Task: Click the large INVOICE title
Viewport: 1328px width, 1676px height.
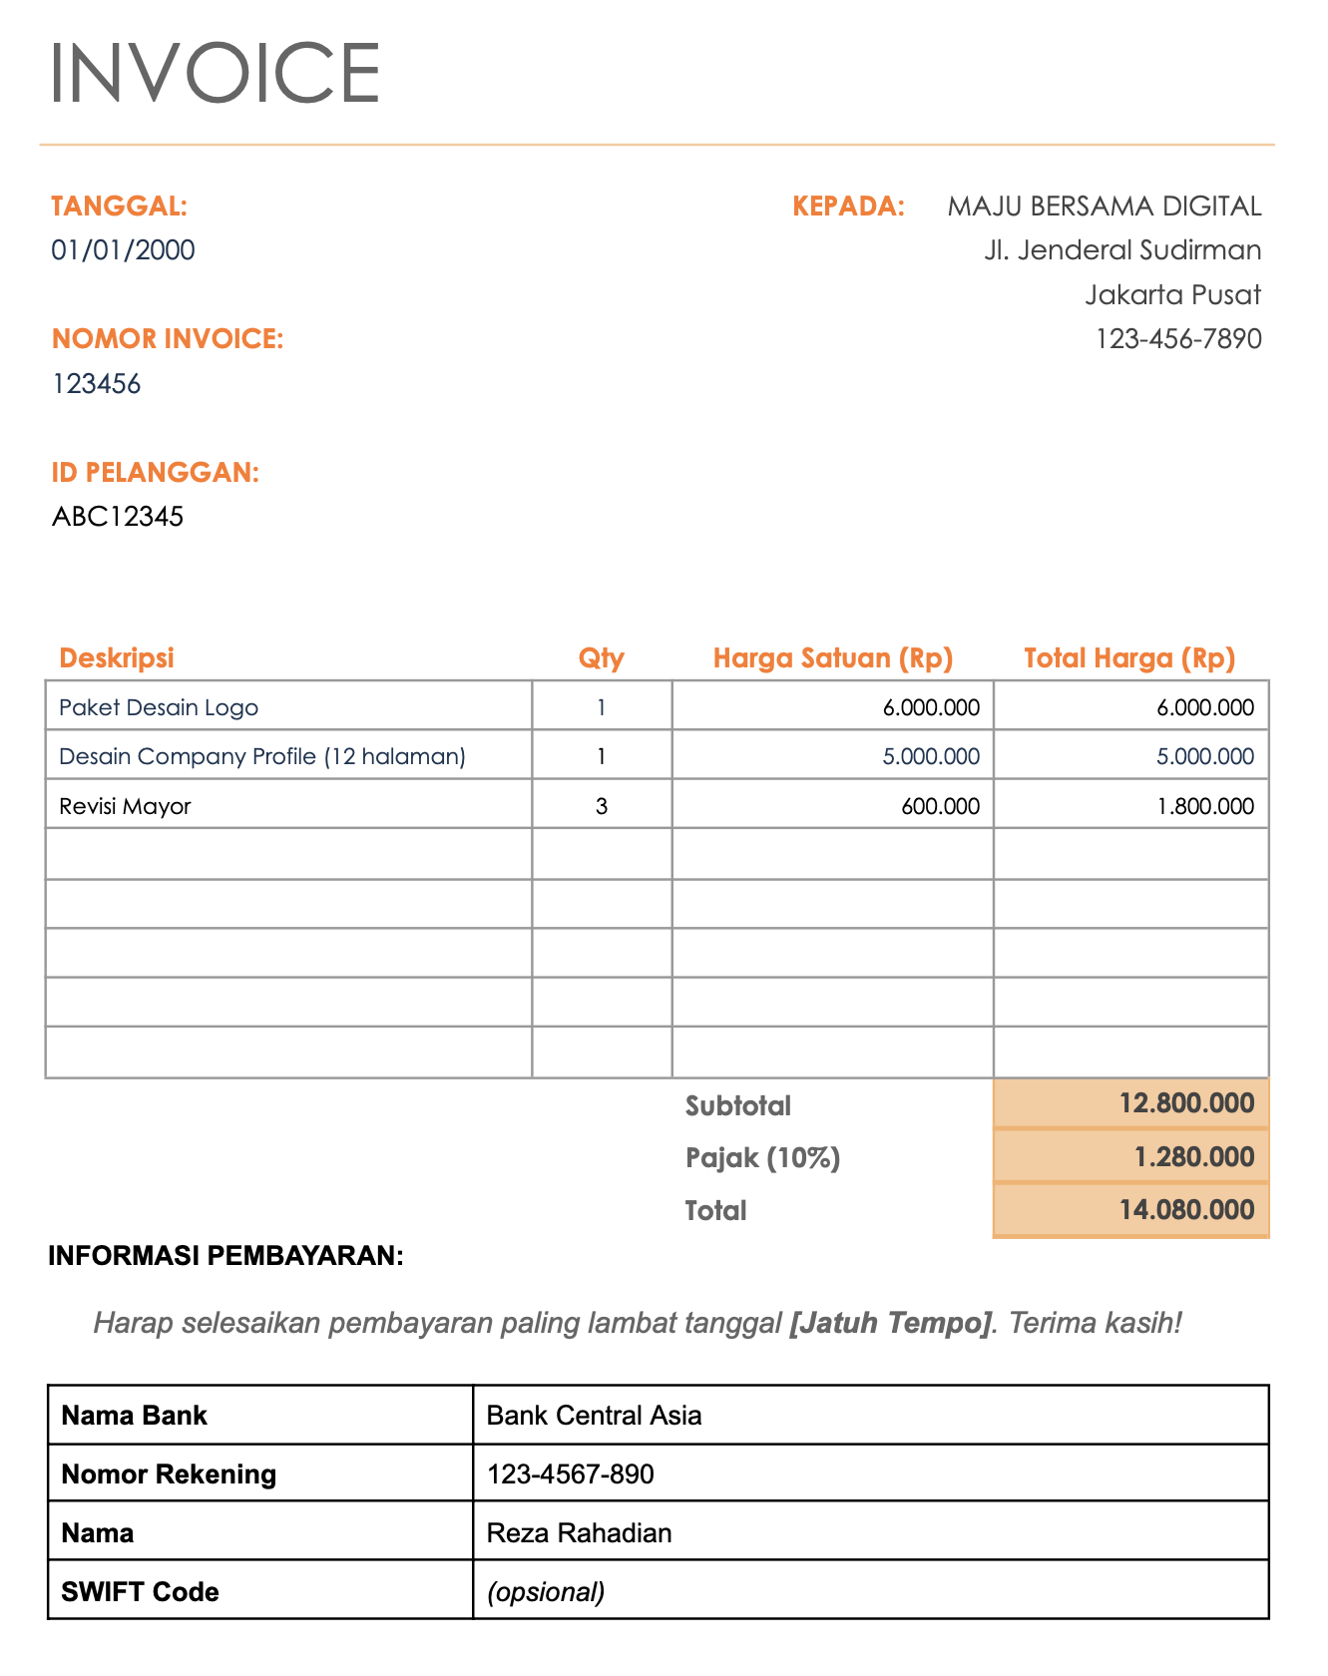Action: (215, 73)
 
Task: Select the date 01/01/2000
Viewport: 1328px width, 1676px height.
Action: (123, 250)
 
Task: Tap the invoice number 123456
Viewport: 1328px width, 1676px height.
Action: (96, 384)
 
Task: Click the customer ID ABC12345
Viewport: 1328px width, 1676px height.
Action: (118, 517)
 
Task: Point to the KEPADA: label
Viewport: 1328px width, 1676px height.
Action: (848, 207)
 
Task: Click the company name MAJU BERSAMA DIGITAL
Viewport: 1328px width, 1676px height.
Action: (1104, 207)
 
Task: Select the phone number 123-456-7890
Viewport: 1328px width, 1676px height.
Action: (1178, 339)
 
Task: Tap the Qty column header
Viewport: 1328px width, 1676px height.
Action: (601, 658)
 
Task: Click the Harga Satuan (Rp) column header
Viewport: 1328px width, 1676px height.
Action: (832, 658)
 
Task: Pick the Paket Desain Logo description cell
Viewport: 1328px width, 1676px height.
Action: (159, 708)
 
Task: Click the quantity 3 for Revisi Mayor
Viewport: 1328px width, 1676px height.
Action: (601, 806)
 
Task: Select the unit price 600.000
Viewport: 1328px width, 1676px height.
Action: (940, 806)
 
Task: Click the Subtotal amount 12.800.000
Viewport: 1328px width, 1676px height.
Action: (1186, 1103)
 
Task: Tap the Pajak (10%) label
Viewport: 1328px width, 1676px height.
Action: (762, 1158)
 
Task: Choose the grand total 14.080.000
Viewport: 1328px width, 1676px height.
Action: (1186, 1210)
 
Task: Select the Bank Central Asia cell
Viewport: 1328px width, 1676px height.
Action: (594, 1416)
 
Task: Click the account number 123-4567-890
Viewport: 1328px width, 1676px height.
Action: (570, 1474)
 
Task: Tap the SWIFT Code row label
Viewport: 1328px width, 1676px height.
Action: (140, 1592)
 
